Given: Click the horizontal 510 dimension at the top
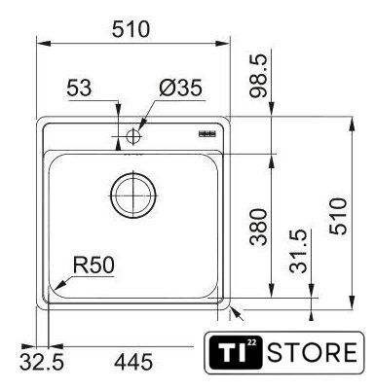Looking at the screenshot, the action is [131, 29].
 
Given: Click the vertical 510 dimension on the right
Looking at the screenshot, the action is [338, 216].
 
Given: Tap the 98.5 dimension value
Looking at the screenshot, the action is [258, 76].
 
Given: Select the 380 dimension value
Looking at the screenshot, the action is [258, 227].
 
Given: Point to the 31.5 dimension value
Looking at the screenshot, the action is [298, 251].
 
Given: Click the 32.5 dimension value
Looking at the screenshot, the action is [42, 362].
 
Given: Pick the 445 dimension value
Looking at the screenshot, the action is [133, 362].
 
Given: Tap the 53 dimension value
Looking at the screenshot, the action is [79, 88].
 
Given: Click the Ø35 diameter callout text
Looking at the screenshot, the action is [180, 88].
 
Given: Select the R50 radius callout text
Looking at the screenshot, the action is [94, 265].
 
